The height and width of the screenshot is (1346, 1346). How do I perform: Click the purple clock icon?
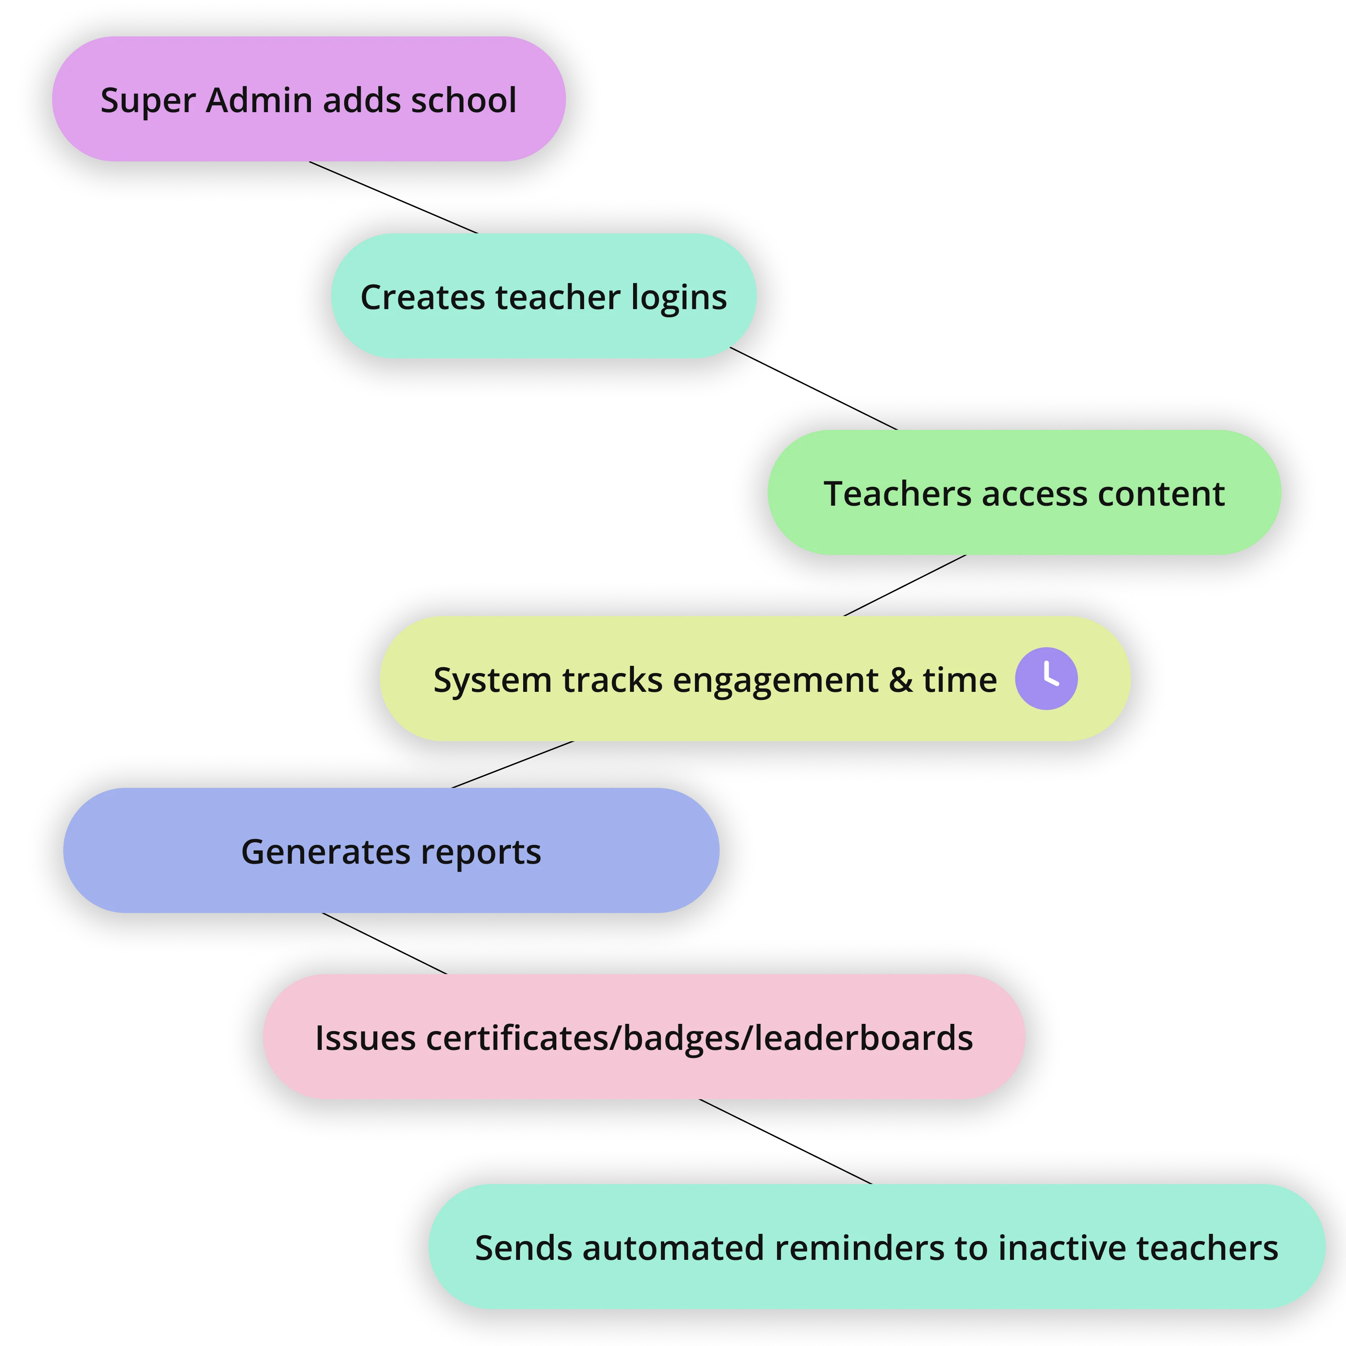pyautogui.click(x=1046, y=678)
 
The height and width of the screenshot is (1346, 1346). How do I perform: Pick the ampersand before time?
pyautogui.click(x=901, y=680)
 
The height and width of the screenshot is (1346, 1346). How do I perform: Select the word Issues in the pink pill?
pyautogui.click(x=365, y=1038)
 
